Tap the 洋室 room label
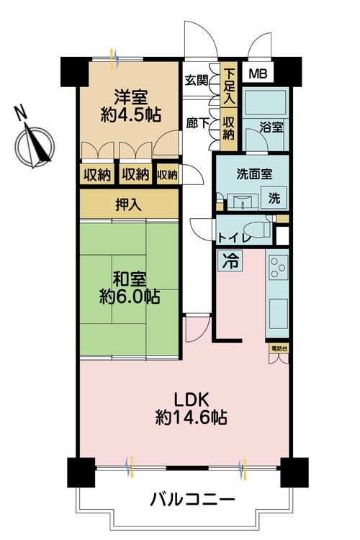(x=130, y=95)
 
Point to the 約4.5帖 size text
(x=130, y=114)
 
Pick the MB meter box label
(x=256, y=73)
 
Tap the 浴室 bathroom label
(x=271, y=127)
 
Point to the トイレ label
(x=234, y=236)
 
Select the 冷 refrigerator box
(x=229, y=260)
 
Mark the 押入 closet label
(x=129, y=204)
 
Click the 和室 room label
(x=129, y=276)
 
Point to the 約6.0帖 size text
(x=129, y=295)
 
